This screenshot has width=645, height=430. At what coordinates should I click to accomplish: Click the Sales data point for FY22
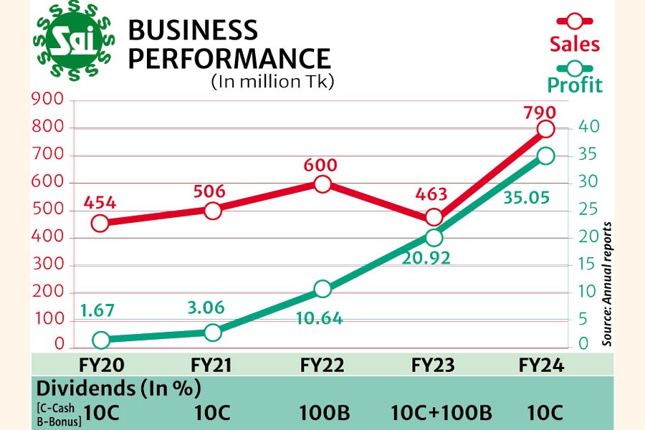pyautogui.click(x=322, y=184)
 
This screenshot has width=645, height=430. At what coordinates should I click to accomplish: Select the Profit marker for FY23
pyautogui.click(x=434, y=238)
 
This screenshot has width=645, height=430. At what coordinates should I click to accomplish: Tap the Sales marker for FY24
pyautogui.click(x=545, y=129)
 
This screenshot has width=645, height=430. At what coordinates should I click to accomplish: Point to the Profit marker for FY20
pyautogui.click(x=100, y=340)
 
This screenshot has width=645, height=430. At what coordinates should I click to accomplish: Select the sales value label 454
pyautogui.click(x=100, y=203)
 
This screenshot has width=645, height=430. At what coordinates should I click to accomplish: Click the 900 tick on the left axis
pyautogui.click(x=49, y=101)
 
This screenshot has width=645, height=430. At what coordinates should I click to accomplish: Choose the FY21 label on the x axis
pyautogui.click(x=212, y=365)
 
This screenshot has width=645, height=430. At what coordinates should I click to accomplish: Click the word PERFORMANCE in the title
pyautogui.click(x=229, y=58)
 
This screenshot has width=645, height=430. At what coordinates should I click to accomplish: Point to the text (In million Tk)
pyautogui.click(x=272, y=81)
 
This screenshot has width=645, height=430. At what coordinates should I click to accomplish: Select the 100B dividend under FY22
pyautogui.click(x=322, y=413)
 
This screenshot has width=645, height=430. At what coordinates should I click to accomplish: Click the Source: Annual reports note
pyautogui.click(x=607, y=284)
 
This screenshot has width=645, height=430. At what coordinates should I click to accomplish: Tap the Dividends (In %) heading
pyautogui.click(x=118, y=389)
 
